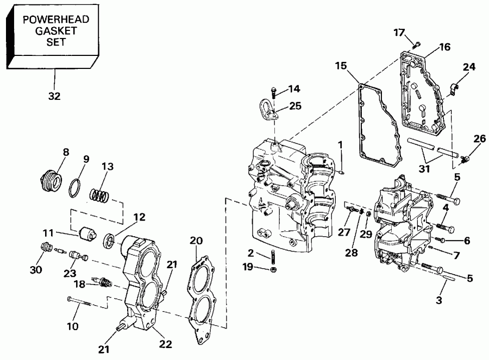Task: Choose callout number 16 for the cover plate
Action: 444,47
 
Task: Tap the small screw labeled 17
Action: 417,44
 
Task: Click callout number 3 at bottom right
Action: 438,299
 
